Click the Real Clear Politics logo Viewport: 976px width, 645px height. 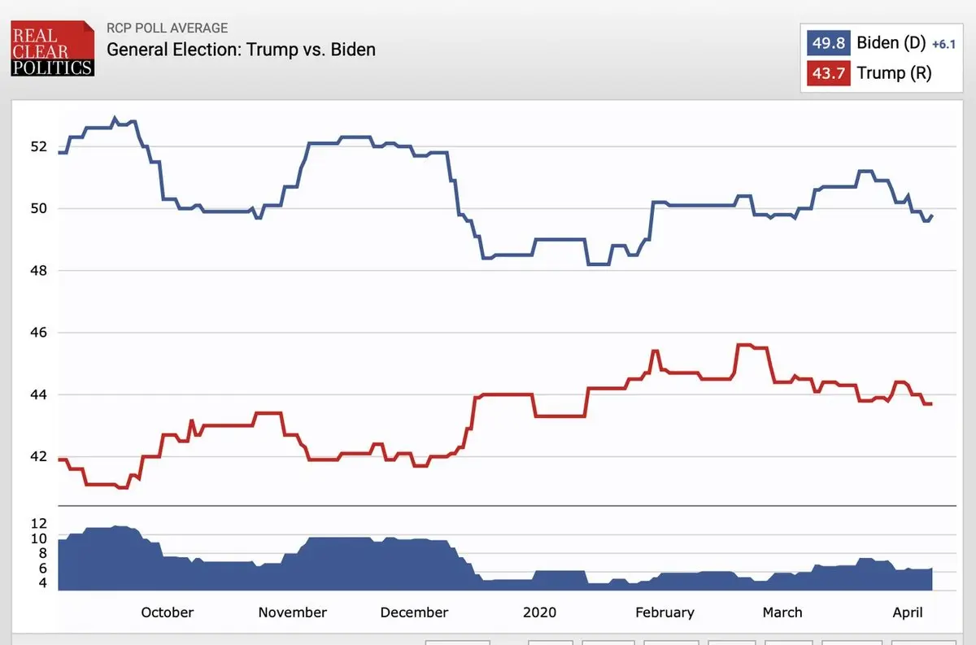coord(52,49)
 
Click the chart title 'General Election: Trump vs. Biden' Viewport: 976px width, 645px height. coord(242,49)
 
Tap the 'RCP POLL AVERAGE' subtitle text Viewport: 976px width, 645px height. coord(168,28)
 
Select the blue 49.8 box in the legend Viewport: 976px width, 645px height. coord(829,42)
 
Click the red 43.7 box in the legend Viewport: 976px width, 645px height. coord(829,73)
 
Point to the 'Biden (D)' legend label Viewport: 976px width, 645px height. coord(891,42)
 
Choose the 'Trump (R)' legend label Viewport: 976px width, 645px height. coord(894,73)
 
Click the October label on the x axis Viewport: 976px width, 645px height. coord(168,612)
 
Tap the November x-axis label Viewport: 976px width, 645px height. coord(293,612)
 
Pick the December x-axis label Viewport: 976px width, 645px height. coord(414,612)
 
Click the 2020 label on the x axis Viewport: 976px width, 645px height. coord(540,612)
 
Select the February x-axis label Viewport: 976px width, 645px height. coord(664,612)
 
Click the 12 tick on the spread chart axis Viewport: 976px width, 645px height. coord(39,523)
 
